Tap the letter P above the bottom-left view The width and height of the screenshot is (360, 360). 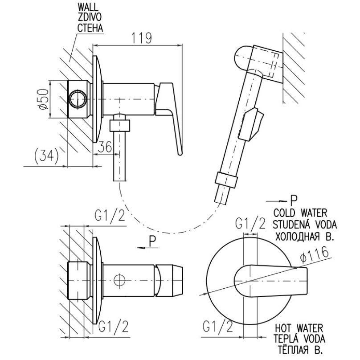pyautogui.click(x=152, y=241)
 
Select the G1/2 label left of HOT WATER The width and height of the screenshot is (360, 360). pyautogui.click(x=221, y=328)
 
